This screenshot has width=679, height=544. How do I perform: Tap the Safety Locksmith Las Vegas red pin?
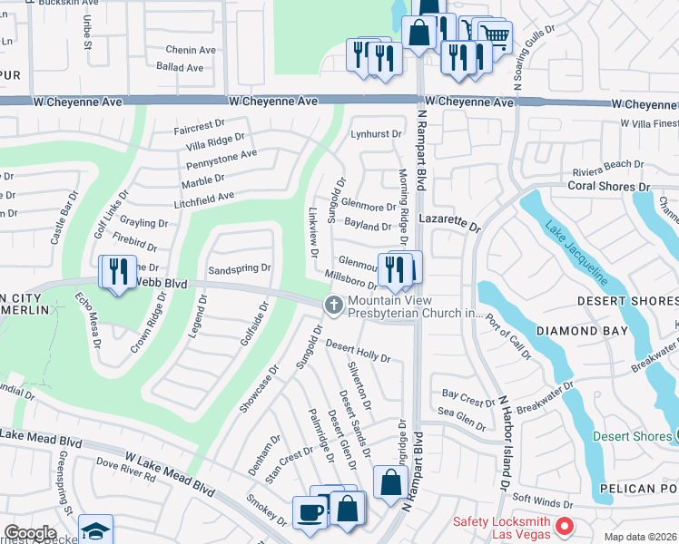(x=565, y=525)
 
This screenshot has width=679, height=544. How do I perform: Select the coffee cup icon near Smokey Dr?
(x=309, y=512)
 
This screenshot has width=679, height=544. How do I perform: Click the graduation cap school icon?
(x=95, y=529)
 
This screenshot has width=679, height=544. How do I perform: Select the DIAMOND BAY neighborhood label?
(x=582, y=331)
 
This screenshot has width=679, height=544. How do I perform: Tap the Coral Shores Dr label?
(x=609, y=187)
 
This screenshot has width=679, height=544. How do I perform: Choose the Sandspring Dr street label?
(x=240, y=268)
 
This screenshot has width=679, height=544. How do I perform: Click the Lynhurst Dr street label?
(x=376, y=134)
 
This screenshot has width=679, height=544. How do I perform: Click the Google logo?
(x=30, y=533)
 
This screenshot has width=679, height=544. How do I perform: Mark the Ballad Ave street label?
(x=180, y=67)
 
